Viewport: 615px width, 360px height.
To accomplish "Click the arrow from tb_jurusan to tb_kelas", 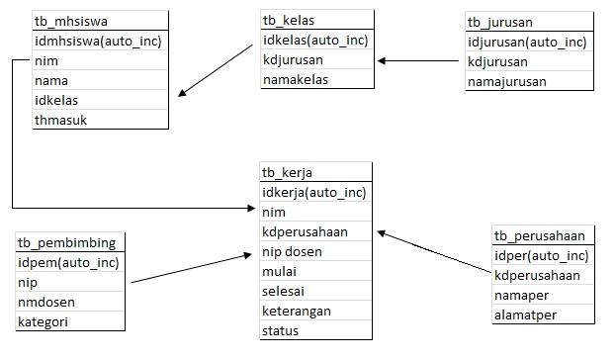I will click(x=420, y=61).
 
